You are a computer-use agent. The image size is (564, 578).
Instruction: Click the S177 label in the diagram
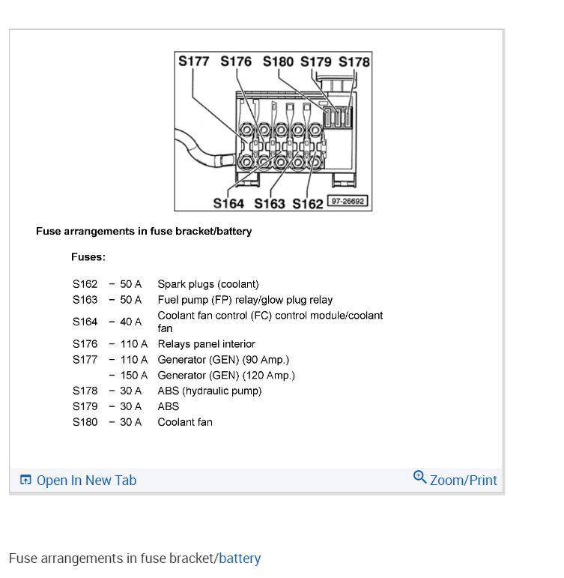click(194, 61)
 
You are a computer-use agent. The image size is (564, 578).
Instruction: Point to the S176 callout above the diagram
click(236, 61)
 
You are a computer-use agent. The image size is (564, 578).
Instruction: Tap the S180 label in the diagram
click(279, 61)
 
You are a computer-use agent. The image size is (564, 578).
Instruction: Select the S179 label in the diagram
click(317, 61)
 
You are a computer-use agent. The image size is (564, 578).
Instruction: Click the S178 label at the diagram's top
click(354, 61)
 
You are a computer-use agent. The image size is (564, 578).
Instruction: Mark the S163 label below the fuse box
click(270, 203)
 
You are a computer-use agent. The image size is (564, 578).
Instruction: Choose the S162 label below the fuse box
click(308, 203)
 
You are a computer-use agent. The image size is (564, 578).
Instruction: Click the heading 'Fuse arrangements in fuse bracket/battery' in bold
click(144, 231)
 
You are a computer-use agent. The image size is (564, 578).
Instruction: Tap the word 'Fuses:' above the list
click(88, 256)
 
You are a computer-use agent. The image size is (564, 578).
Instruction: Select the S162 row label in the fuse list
click(85, 284)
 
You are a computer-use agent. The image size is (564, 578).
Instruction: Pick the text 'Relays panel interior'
click(206, 344)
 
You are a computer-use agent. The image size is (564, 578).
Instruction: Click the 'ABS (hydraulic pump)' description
click(209, 391)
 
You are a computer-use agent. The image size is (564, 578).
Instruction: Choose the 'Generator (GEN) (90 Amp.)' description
click(223, 360)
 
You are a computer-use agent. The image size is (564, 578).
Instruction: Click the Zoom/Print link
click(455, 480)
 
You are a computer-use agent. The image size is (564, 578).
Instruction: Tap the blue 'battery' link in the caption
click(240, 559)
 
